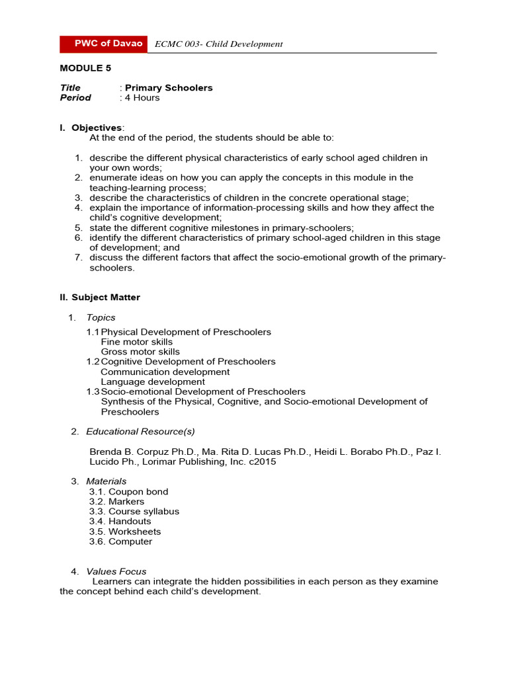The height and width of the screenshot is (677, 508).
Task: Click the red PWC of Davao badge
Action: pyautogui.click(x=103, y=44)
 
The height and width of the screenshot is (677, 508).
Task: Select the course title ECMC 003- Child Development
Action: pyautogui.click(x=218, y=44)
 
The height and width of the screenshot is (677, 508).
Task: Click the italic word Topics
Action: pyautogui.click(x=101, y=317)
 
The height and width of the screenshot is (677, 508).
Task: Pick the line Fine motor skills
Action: pyautogui.click(x=137, y=342)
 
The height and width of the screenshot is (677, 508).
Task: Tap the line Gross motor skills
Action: pyautogui.click(x=140, y=352)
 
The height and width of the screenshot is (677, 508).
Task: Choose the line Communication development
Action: pyautogui.click(x=165, y=372)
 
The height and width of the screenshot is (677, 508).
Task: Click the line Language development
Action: pyautogui.click(x=153, y=381)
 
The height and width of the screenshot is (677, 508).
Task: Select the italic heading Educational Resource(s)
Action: pyautogui.click(x=140, y=432)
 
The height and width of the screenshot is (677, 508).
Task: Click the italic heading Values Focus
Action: pyautogui.click(x=116, y=571)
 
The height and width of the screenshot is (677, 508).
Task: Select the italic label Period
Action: pyautogui.click(x=75, y=97)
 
